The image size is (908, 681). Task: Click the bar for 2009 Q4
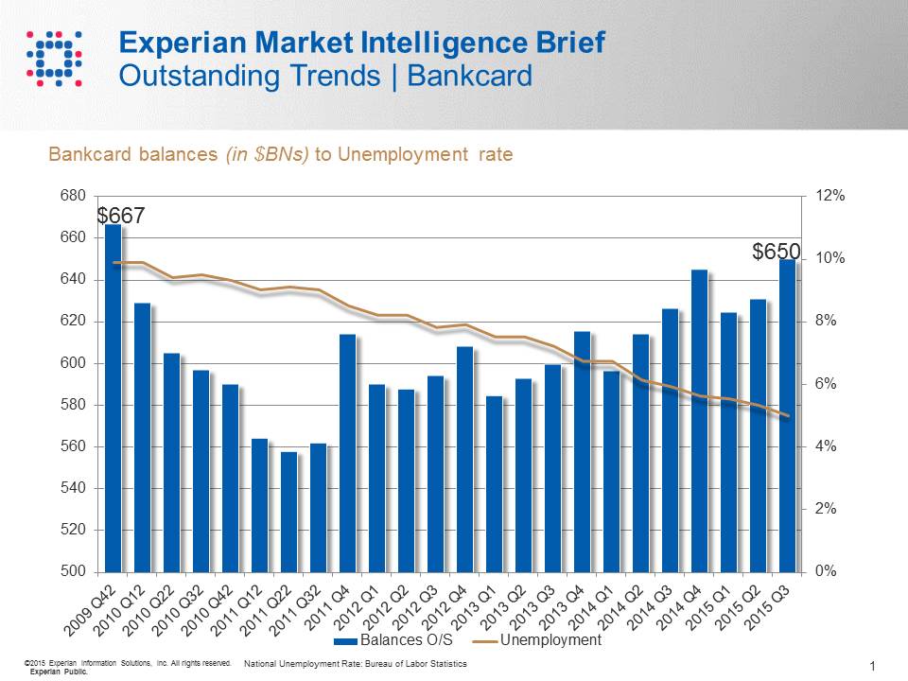pyautogui.click(x=113, y=397)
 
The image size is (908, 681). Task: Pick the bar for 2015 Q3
pyautogui.click(x=787, y=416)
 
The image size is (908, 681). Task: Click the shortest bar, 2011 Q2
pyautogui.click(x=288, y=511)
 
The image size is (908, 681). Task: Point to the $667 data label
pyautogui.click(x=121, y=217)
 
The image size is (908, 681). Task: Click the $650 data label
pyautogui.click(x=776, y=252)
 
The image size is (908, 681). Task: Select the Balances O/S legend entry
pyautogui.click(x=383, y=640)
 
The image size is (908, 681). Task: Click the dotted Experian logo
pyautogui.click(x=53, y=56)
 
